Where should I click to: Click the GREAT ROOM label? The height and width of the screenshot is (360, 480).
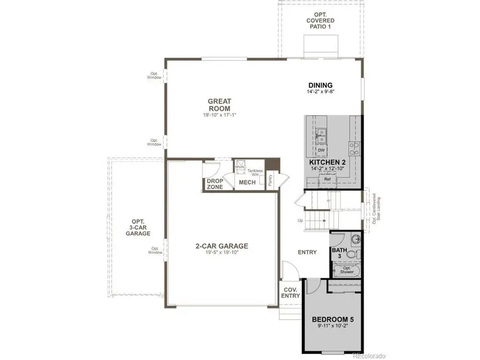click(x=219, y=105)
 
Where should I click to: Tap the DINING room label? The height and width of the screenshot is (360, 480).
click(x=321, y=85)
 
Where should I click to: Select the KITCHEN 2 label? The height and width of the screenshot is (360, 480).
click(x=328, y=162)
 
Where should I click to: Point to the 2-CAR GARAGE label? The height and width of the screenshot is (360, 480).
click(x=221, y=246)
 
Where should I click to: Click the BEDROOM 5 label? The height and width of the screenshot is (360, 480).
click(x=333, y=320)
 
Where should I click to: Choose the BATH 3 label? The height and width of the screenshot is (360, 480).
click(x=339, y=253)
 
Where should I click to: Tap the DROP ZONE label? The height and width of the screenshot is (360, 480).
click(x=214, y=184)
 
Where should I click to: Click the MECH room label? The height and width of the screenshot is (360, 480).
click(x=247, y=183)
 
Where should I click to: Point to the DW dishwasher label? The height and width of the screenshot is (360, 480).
click(x=321, y=150)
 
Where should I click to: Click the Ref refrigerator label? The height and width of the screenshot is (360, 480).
click(x=327, y=179)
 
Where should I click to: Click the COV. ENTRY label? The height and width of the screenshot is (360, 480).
click(x=290, y=292)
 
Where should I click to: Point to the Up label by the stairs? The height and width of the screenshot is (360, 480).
click(x=300, y=220)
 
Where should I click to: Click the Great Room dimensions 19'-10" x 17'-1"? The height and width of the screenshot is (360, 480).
click(x=219, y=115)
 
